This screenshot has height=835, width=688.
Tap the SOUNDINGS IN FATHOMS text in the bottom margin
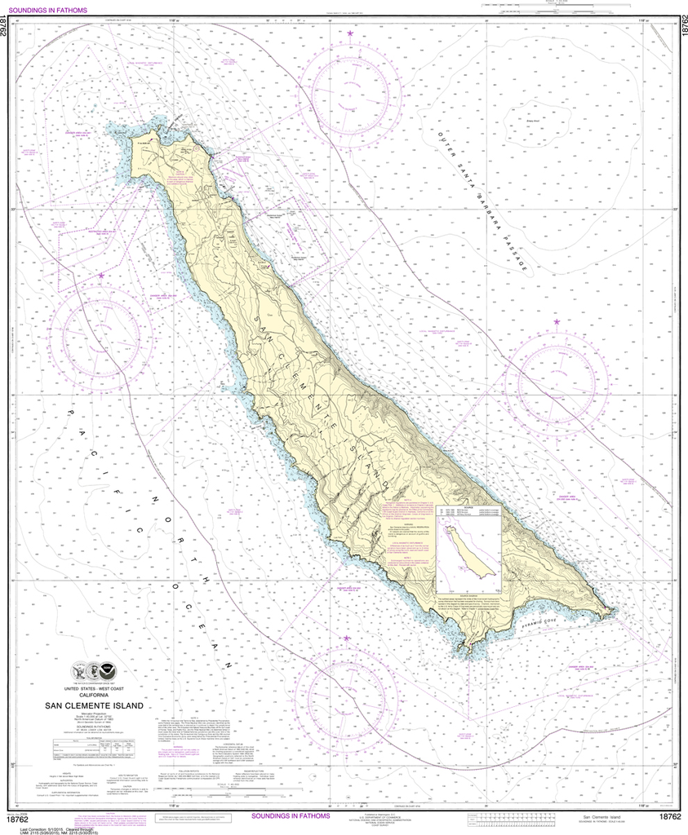click(291, 815)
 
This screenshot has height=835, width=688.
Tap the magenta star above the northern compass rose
click(350, 33)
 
